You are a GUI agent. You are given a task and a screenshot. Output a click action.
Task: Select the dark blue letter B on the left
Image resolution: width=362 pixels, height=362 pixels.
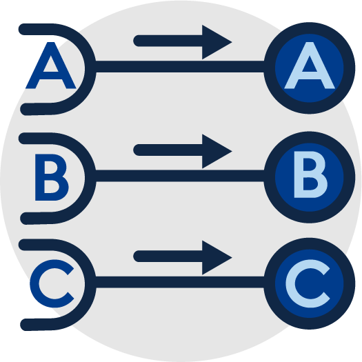[x=51, y=177]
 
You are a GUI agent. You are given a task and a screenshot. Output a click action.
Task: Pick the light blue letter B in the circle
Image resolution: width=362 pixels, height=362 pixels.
[x=310, y=174]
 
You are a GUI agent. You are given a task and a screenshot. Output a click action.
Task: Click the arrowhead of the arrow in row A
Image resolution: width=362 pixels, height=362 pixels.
[x=217, y=42]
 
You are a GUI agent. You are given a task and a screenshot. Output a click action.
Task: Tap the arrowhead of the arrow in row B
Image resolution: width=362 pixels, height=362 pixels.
[x=217, y=151]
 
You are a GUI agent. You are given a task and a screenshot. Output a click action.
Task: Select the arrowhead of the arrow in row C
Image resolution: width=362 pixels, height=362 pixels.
[x=217, y=257]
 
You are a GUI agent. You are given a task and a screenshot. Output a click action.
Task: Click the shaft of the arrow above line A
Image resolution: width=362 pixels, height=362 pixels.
[x=168, y=41]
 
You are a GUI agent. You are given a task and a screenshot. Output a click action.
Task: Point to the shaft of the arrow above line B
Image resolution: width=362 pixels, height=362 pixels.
[x=168, y=150]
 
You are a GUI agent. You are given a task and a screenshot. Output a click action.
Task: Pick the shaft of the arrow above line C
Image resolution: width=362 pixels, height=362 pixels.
[x=168, y=257]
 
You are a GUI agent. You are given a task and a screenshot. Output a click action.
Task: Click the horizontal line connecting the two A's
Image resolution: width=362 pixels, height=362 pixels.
[x=179, y=66]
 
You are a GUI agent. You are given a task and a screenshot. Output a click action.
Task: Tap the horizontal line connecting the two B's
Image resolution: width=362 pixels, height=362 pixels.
[x=179, y=176]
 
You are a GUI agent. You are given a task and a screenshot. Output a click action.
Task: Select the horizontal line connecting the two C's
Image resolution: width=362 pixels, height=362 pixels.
[x=179, y=282]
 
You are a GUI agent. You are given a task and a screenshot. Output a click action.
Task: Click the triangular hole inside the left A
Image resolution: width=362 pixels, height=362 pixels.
[x=51, y=66]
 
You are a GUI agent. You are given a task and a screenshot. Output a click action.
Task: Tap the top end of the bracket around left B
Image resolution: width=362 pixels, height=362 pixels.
[x=23, y=139]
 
